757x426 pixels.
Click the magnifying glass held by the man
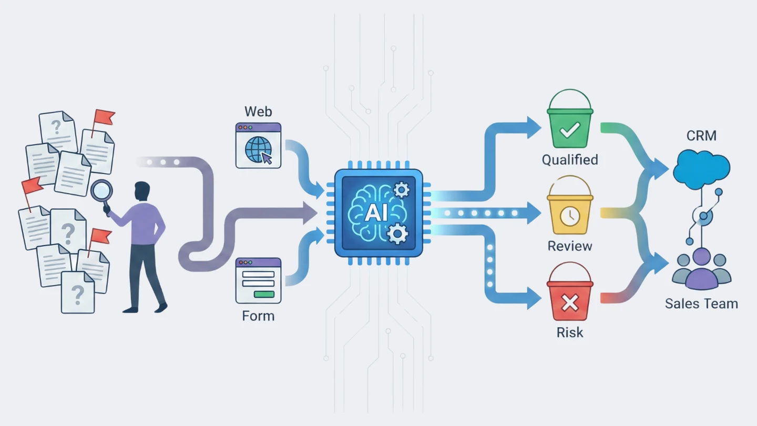[101, 191]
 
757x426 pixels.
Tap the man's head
[142, 191]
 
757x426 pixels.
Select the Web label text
[258, 111]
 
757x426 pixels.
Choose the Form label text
[258, 316]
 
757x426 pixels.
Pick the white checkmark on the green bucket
[570, 130]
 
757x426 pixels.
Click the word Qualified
[570, 159]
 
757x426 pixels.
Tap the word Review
[570, 246]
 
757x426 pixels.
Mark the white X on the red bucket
[570, 302]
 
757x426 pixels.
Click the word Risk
[570, 332]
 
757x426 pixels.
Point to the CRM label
[701, 136]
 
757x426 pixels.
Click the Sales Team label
[701, 303]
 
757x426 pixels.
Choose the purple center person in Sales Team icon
[701, 269]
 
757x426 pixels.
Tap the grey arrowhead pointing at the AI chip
[310, 214]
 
